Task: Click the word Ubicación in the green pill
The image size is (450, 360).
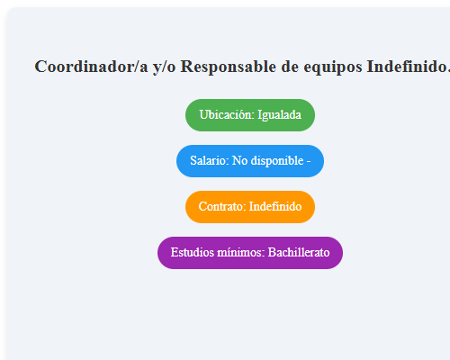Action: [226, 115]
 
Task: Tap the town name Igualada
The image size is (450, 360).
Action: [280, 115]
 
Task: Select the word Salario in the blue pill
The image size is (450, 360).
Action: [208, 161]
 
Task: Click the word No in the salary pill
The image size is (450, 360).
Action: [240, 161]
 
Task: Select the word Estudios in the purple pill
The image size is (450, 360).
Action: [192, 253]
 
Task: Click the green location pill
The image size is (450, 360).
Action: [250, 115]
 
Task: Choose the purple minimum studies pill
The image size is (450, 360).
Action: [250, 253]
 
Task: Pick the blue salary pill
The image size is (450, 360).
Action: [250, 161]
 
